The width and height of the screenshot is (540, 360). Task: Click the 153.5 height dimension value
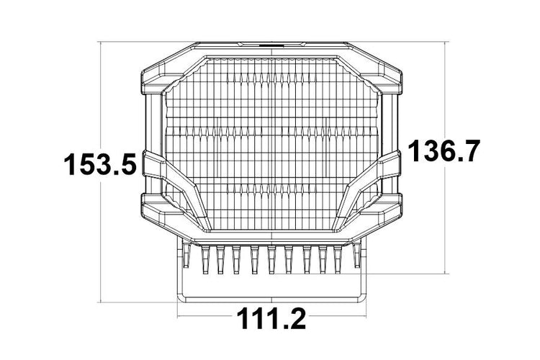99,165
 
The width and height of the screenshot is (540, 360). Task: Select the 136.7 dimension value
442,152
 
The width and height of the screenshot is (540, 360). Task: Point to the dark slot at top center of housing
270,44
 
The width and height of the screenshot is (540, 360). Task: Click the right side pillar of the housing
389,122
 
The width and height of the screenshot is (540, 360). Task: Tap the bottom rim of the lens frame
270,236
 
